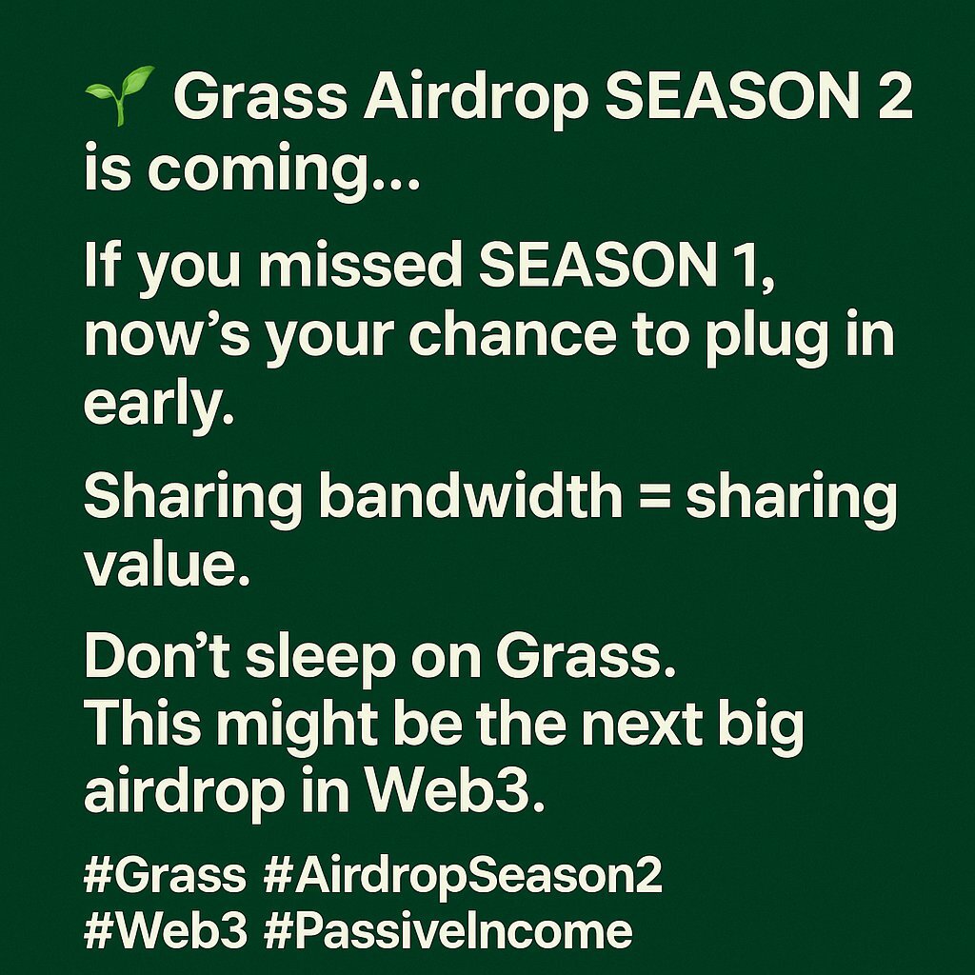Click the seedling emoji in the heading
119,95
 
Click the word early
159,406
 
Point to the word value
167,566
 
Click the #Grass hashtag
165,876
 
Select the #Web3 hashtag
166,930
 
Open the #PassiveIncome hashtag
448,930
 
